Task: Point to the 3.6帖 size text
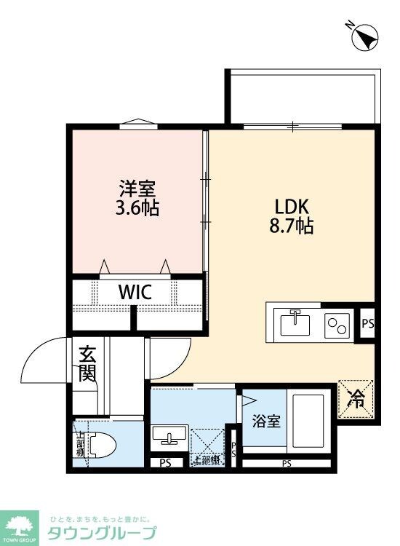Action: coord(137,208)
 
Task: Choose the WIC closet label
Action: coord(135,293)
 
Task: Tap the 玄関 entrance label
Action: coord(87,364)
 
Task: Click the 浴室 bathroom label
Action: coord(266,422)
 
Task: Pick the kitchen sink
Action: coord(295,322)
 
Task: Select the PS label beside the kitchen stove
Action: coord(367,323)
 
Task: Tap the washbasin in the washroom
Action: coord(169,436)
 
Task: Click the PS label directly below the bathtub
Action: coord(286,463)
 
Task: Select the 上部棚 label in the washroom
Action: coord(205,459)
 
